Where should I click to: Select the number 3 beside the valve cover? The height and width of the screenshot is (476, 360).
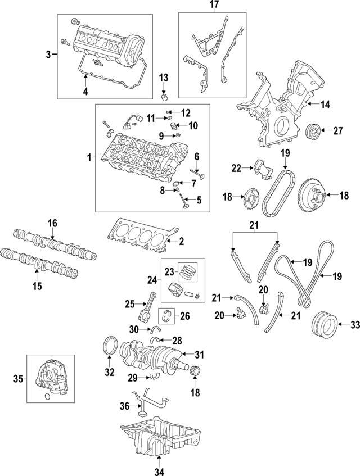[x=48, y=55]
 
